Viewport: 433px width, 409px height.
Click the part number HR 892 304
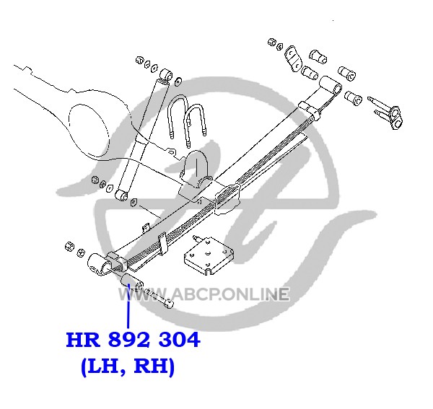[133, 340]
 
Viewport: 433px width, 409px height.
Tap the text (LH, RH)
[128, 366]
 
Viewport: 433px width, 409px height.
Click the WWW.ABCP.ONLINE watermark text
[204, 294]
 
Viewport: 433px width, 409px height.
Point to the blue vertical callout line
[128, 306]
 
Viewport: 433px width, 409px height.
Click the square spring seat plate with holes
[209, 255]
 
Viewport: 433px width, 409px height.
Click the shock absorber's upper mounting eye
[166, 75]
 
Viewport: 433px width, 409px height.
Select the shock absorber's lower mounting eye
[121, 195]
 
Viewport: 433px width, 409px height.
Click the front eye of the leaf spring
[98, 264]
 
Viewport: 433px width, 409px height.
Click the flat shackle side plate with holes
[292, 59]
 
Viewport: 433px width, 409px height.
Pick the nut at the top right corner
[272, 43]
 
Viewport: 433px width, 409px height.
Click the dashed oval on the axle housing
[88, 131]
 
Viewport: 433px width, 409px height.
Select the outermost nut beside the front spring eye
[70, 246]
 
